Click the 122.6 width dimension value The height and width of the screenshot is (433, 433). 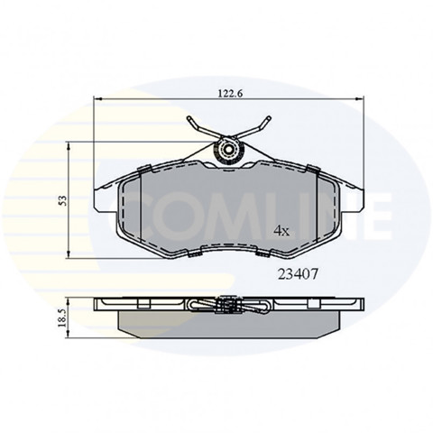(230, 94)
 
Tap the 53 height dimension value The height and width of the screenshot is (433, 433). (63, 200)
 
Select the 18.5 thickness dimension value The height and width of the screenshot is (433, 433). (63, 318)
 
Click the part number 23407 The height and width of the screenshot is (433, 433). (298, 274)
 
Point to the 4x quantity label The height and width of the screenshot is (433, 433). (281, 231)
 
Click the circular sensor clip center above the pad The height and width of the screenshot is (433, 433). (228, 150)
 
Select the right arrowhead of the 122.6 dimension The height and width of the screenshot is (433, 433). (360, 98)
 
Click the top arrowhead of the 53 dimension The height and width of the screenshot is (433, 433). (69, 146)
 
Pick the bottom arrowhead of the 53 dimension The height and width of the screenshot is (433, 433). (69, 254)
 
